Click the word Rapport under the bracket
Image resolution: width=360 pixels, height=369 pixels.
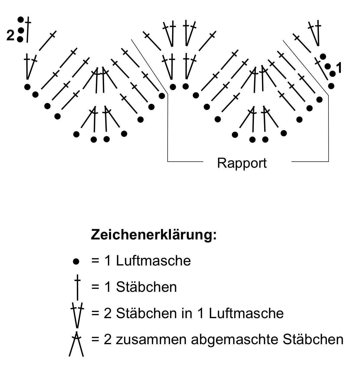pos(242,163)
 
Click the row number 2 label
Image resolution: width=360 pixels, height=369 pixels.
pos(10,36)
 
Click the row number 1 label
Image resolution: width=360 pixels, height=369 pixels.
pos(339,68)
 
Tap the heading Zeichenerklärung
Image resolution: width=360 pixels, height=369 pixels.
pos(154,235)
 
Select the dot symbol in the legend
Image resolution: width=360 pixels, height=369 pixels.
pos(76,261)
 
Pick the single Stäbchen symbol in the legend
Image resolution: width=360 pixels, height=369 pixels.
pos(78,287)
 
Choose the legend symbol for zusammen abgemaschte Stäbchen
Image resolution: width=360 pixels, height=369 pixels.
pos(76,344)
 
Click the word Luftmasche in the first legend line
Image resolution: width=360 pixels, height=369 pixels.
pos(153,261)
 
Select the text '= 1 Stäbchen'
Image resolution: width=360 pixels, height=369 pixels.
pos(134,287)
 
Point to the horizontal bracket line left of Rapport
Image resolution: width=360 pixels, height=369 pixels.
pos(185,162)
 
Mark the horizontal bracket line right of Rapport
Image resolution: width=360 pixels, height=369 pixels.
pos(310,162)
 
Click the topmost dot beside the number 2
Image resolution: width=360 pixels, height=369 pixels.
pos(21,20)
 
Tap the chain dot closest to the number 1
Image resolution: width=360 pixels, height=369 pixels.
pos(332,74)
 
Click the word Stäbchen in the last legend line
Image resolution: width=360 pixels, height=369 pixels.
pos(313,339)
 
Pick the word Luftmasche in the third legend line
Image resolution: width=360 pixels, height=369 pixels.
pos(246,313)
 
